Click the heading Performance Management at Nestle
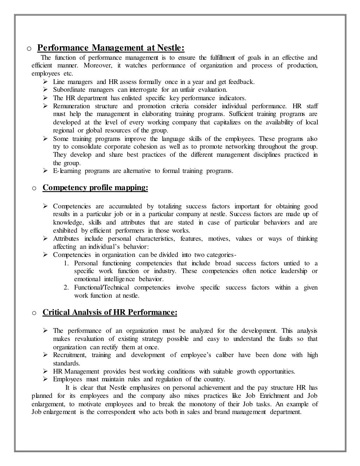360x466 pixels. coord(111,47)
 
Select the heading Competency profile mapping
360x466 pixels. coord(95,188)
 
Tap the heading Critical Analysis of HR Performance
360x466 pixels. coord(110,312)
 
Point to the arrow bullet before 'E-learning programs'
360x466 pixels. coord(45,171)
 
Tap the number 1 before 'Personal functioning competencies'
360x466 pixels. coord(66,263)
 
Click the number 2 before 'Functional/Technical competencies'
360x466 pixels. coord(66,287)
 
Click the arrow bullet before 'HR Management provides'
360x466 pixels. coord(45,371)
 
